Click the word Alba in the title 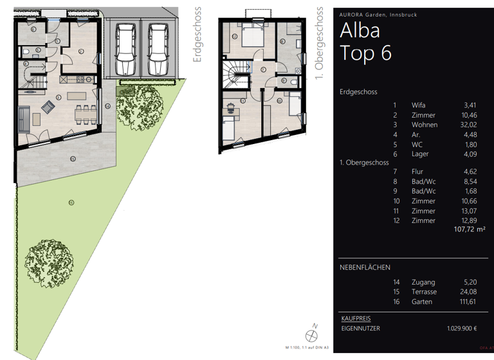360,30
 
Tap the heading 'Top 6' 365,53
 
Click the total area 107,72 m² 469,230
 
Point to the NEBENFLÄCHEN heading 365,267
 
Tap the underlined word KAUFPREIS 355,318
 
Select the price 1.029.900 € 462,328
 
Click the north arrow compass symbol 312,334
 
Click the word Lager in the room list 420,154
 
